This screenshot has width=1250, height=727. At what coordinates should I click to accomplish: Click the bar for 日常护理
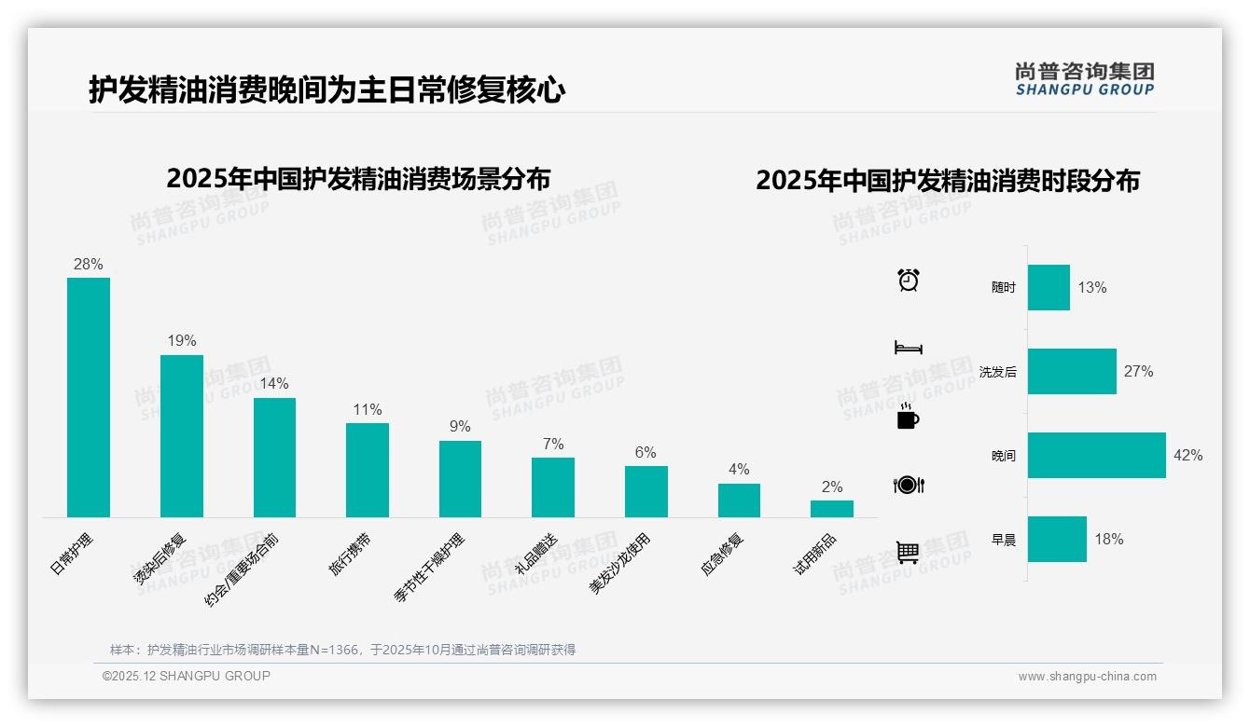(x=89, y=397)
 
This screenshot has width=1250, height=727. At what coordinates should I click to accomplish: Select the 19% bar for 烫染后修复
(x=181, y=435)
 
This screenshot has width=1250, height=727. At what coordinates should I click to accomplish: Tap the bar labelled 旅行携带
(x=367, y=470)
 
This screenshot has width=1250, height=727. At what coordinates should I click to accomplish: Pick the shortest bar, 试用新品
(x=831, y=508)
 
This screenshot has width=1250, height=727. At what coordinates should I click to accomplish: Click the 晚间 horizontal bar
(x=1096, y=455)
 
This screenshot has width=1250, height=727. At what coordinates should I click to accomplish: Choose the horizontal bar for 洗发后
(x=1072, y=371)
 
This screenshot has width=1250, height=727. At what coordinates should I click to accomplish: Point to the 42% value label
(x=1187, y=456)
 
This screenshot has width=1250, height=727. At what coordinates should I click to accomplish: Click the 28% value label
(x=89, y=265)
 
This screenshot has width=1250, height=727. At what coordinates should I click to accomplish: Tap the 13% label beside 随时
(x=1091, y=288)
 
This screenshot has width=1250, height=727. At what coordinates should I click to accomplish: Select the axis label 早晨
(x=1004, y=540)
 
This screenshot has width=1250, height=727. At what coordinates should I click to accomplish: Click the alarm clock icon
(x=908, y=280)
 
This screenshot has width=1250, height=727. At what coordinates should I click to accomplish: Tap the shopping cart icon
(x=908, y=553)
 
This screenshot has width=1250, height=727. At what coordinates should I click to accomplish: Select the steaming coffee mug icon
(x=908, y=417)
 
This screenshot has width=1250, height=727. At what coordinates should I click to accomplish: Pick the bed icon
(x=908, y=348)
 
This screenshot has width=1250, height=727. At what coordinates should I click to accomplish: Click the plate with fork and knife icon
(x=908, y=485)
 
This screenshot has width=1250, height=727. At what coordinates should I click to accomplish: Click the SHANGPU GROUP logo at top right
(x=1084, y=79)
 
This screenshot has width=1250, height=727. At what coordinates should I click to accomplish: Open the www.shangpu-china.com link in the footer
(x=1087, y=677)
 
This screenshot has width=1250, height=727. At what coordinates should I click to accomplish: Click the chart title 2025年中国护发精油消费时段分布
(x=948, y=181)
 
